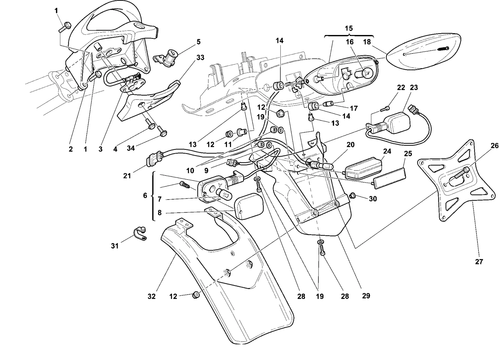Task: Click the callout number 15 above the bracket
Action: (x=349, y=28)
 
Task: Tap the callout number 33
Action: (x=200, y=58)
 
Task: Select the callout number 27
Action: (x=479, y=261)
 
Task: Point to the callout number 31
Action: (x=114, y=246)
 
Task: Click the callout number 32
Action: (x=151, y=296)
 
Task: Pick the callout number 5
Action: (x=198, y=42)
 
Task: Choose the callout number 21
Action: (x=127, y=176)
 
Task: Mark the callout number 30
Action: (x=373, y=199)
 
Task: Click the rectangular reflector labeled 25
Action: (x=389, y=178)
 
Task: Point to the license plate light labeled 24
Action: (x=363, y=168)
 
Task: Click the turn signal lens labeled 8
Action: (x=248, y=206)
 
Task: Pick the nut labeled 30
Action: (x=352, y=196)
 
